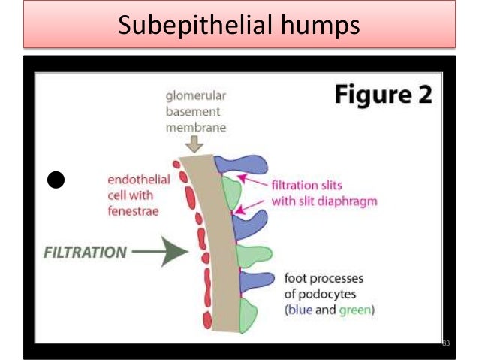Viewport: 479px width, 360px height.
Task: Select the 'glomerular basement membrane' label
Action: click(x=197, y=112)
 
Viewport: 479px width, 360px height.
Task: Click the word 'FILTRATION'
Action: click(x=83, y=253)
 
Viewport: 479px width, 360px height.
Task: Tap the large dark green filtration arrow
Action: click(x=159, y=253)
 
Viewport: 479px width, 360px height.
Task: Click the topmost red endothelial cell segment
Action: click(x=176, y=163)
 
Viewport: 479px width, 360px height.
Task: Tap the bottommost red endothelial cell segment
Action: click(x=207, y=321)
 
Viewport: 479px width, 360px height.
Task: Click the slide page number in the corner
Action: click(x=445, y=343)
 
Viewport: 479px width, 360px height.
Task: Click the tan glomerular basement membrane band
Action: click(x=215, y=241)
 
